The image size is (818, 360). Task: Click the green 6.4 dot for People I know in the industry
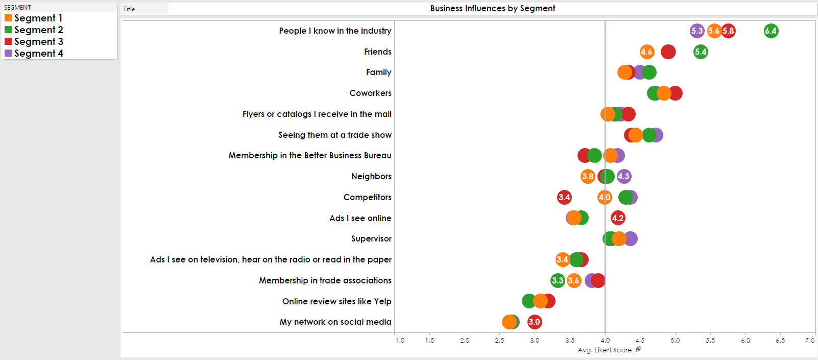[x=771, y=31]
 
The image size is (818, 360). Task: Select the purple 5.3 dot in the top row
[x=697, y=31]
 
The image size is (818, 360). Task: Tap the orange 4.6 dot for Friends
[x=647, y=52]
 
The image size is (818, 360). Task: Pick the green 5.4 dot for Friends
[x=701, y=52]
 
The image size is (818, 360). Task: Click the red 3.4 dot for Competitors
[x=564, y=197]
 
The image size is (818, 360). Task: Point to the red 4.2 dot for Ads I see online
[x=618, y=218]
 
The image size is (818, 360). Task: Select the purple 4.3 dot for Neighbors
[x=624, y=177]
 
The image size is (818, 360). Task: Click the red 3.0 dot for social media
[x=535, y=322]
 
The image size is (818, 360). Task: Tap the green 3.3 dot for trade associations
[x=558, y=280]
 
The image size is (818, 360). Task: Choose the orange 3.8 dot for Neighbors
[x=588, y=177]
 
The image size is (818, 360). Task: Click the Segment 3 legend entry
[x=38, y=41]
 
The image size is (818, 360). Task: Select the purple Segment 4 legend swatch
[x=8, y=53]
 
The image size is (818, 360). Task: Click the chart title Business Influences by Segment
[x=492, y=9]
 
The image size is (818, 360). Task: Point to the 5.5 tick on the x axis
[x=710, y=340]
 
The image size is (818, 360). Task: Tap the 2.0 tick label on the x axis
[x=465, y=340]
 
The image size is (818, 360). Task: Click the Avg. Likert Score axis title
[x=605, y=350]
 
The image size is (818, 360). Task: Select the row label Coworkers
[x=370, y=93]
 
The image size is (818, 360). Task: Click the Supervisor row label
[x=371, y=238]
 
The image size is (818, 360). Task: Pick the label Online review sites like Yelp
[x=336, y=301]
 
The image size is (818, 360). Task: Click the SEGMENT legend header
[x=17, y=7]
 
